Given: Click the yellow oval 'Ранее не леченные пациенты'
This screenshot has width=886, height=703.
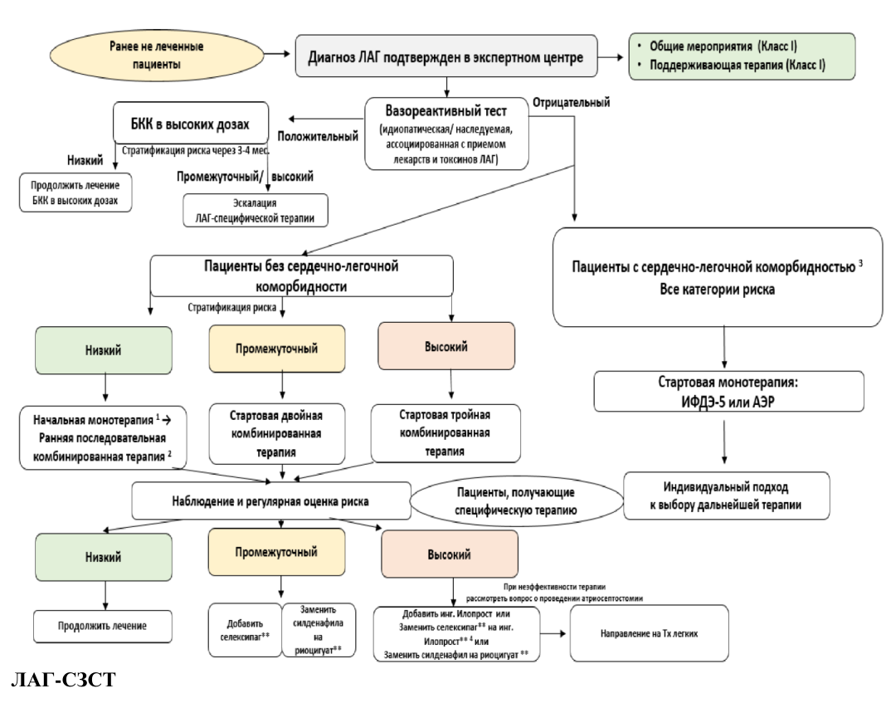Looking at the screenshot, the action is tap(157, 56).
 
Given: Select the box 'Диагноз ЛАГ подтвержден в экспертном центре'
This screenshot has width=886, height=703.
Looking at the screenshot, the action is tap(446, 56).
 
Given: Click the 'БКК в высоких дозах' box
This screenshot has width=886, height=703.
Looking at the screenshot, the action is tap(191, 123).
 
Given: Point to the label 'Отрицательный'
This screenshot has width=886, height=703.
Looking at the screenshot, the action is tap(572, 102).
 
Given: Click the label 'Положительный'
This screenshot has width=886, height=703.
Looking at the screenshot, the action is tap(318, 136).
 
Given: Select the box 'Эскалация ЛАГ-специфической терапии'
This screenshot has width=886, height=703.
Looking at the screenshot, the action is tap(256, 210).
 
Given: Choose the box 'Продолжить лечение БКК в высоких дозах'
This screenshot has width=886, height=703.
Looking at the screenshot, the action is tap(75, 193).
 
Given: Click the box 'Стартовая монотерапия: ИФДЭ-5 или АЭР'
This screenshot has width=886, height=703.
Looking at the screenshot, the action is tap(728, 391).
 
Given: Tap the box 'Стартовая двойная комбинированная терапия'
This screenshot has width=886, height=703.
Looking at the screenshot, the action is tap(277, 433).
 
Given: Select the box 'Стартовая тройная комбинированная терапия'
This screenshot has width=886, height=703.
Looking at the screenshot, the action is tap(445, 433).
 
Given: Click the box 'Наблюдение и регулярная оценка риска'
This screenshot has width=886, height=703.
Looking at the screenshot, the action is tap(271, 500).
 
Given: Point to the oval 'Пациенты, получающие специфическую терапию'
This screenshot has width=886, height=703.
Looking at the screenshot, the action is tap(516, 500).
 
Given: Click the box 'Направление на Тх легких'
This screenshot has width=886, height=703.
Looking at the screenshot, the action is tap(650, 633).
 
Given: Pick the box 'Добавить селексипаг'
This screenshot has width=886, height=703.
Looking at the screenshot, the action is tap(246, 630).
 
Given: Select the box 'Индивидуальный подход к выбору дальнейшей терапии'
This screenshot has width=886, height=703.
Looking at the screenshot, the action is tap(726, 496).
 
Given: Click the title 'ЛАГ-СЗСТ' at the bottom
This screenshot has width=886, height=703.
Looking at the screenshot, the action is tap(63, 679).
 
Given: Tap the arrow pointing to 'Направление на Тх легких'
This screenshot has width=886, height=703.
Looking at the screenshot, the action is tap(553, 633).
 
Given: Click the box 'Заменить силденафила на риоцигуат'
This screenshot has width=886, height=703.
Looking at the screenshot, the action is tap(319, 630).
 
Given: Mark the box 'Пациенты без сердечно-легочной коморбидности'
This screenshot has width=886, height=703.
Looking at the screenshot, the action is tap(301, 276).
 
